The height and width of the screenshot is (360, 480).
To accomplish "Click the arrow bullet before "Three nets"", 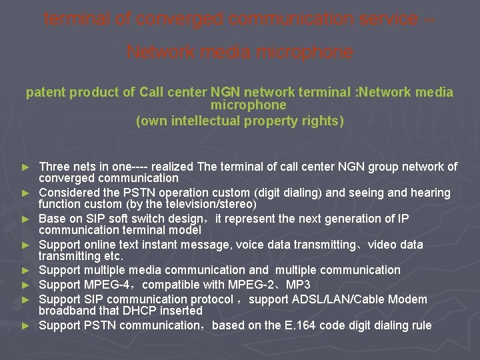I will point(26,167).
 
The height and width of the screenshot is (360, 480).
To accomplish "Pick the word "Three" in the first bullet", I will point(55,167).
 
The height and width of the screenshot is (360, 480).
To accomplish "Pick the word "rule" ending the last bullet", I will point(421,325).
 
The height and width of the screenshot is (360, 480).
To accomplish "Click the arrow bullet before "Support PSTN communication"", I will point(26,325).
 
